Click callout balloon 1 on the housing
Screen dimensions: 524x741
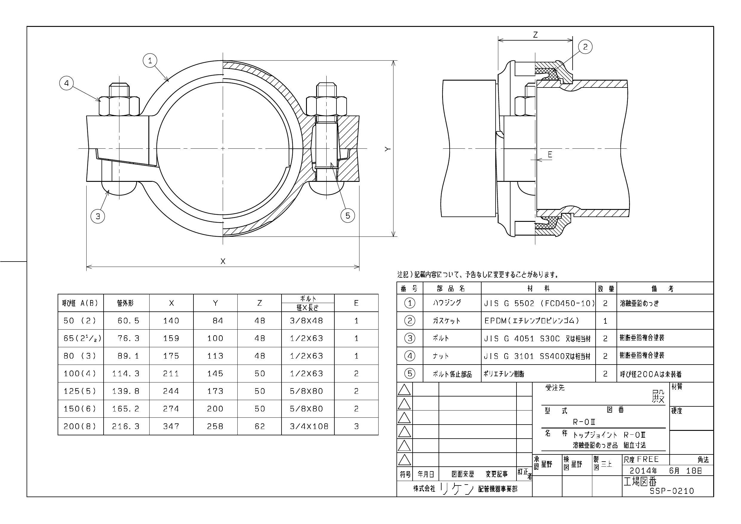pos(150,60)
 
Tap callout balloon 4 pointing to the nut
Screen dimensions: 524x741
pos(67,83)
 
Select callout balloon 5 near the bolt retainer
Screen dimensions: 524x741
pos(348,216)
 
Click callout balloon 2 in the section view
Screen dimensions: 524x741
pos(585,47)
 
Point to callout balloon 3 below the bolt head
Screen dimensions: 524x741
pos(98,216)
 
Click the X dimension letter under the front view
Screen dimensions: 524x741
pos(223,261)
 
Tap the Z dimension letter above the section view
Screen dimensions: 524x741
pos(535,35)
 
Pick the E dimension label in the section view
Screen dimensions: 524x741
pos(550,155)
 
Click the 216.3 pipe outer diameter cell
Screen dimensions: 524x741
pos(126,426)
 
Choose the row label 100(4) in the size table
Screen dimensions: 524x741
pos(80,374)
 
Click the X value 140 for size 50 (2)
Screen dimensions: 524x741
pos(171,321)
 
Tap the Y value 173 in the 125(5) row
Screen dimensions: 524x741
pos(215,391)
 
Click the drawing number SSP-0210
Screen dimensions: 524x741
pos(672,491)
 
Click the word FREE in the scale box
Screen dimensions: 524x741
pos(648,460)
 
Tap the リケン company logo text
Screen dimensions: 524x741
pos(457,489)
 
